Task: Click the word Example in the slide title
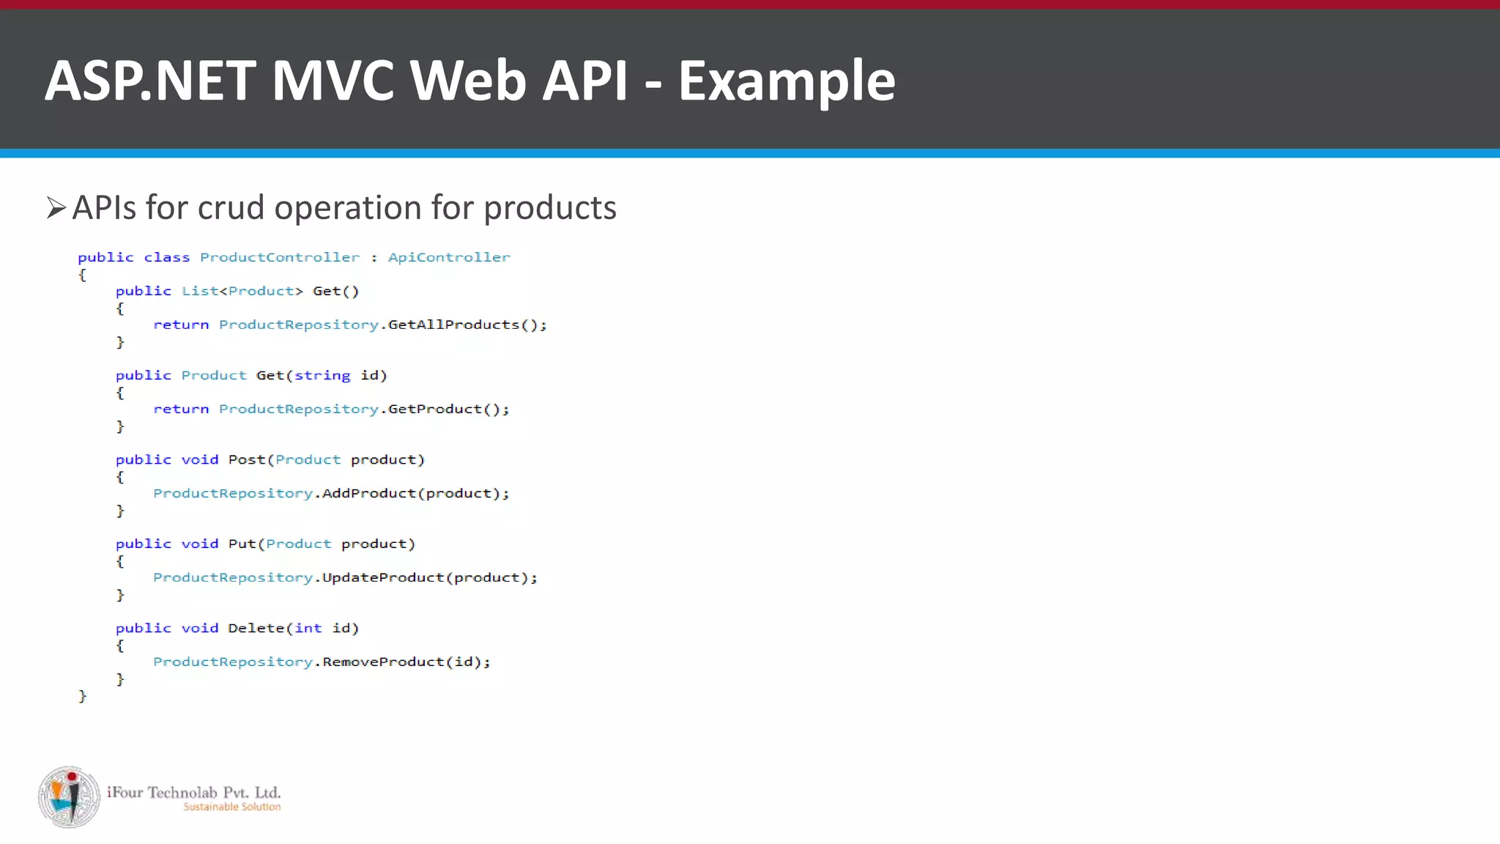[x=786, y=81]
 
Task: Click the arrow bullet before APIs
[x=56, y=208]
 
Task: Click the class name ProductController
[x=280, y=257]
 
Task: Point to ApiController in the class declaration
[x=448, y=257]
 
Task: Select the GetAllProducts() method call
[x=466, y=325]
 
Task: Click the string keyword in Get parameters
[x=322, y=376]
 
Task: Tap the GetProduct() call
[x=447, y=409]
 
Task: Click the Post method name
[x=246, y=459]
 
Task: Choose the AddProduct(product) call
[x=414, y=493]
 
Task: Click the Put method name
[x=242, y=544]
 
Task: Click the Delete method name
[x=256, y=628]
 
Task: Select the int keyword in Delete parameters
[x=308, y=628]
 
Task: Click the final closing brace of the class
[x=82, y=696]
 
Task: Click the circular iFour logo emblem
[x=69, y=797]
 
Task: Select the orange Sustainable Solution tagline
[x=231, y=807]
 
